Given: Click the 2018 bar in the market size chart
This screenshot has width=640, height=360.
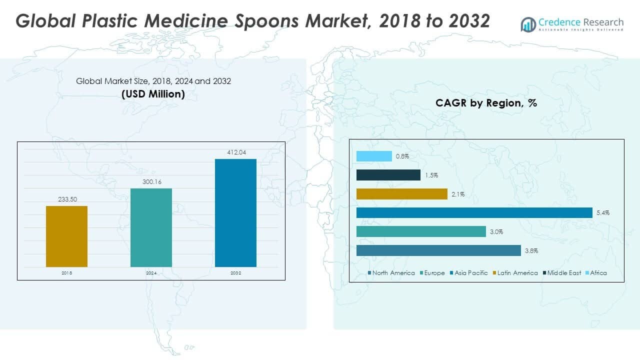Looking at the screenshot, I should coord(66,236).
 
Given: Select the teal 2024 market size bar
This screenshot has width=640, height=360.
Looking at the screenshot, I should coord(151,227).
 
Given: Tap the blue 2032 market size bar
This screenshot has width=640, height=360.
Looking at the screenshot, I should coord(235,212).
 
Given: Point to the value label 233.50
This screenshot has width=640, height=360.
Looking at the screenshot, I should coord(66,198).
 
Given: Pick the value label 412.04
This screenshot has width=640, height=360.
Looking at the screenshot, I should coord(235,151).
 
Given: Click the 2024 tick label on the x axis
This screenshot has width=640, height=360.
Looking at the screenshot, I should coord(151,273).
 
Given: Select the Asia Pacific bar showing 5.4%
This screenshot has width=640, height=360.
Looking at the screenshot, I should coord(474,213).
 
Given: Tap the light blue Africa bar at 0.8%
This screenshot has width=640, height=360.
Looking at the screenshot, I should coord(374,156).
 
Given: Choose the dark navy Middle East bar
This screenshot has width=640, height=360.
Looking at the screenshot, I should coord(388,175).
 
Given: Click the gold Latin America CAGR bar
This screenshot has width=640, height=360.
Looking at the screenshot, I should coord(401,194).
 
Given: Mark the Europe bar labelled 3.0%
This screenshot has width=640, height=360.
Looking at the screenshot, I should coord(421,231).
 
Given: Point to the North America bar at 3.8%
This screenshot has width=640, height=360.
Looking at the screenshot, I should coord(438,250).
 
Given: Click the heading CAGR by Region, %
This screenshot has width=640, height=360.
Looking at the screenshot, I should coord(486,103).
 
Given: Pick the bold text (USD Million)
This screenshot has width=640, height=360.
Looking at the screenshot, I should coord(153,94).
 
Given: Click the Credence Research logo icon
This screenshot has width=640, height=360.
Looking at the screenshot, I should coord(528,24).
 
